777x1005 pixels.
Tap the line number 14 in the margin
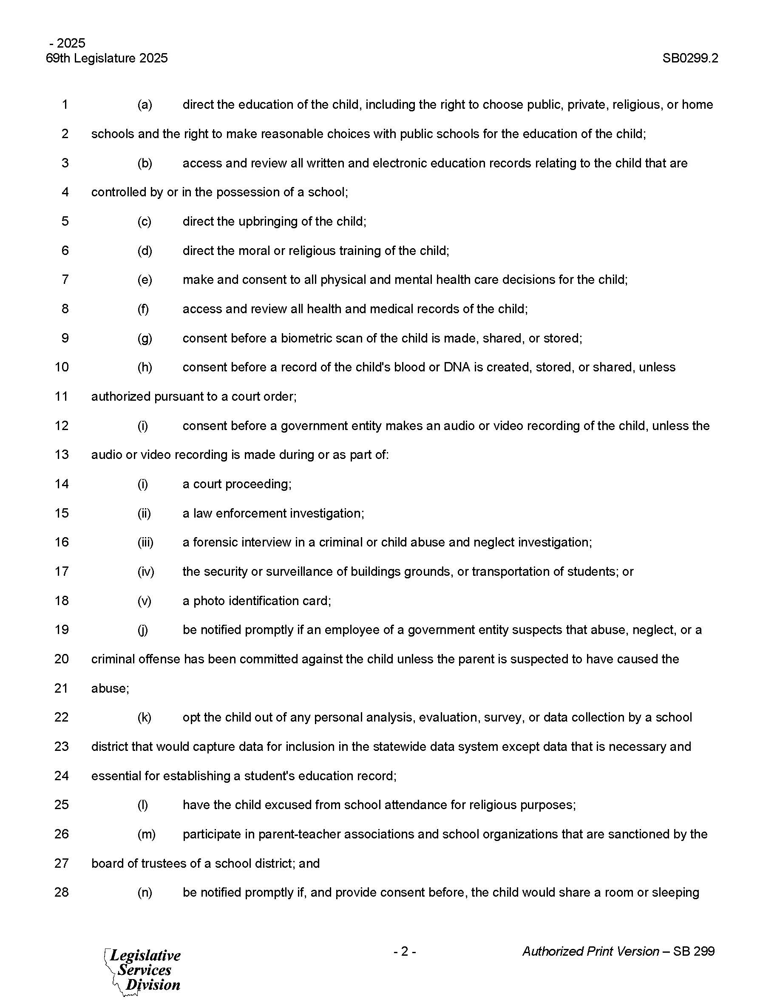pos(62,484)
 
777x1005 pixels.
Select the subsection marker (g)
pos(145,338)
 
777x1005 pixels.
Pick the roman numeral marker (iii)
pos(145,543)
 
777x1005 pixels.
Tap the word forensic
pos(218,543)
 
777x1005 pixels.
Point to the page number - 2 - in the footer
pos(405,951)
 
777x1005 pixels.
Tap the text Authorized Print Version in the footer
pos(590,951)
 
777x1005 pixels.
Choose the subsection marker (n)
pos(145,893)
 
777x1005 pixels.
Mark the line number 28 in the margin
pos(62,893)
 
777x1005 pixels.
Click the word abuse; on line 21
pos(110,688)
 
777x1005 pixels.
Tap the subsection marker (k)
pos(145,717)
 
